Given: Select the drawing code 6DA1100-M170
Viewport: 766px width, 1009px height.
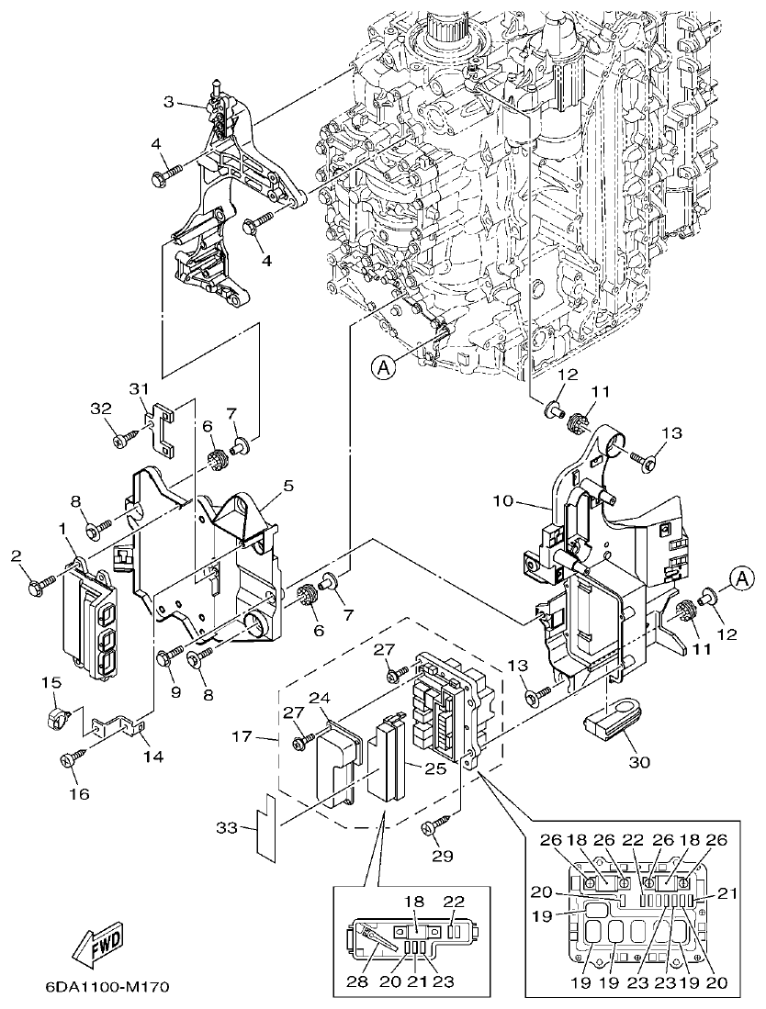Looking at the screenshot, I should (107, 988).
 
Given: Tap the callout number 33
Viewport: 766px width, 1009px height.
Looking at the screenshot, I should (225, 828).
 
